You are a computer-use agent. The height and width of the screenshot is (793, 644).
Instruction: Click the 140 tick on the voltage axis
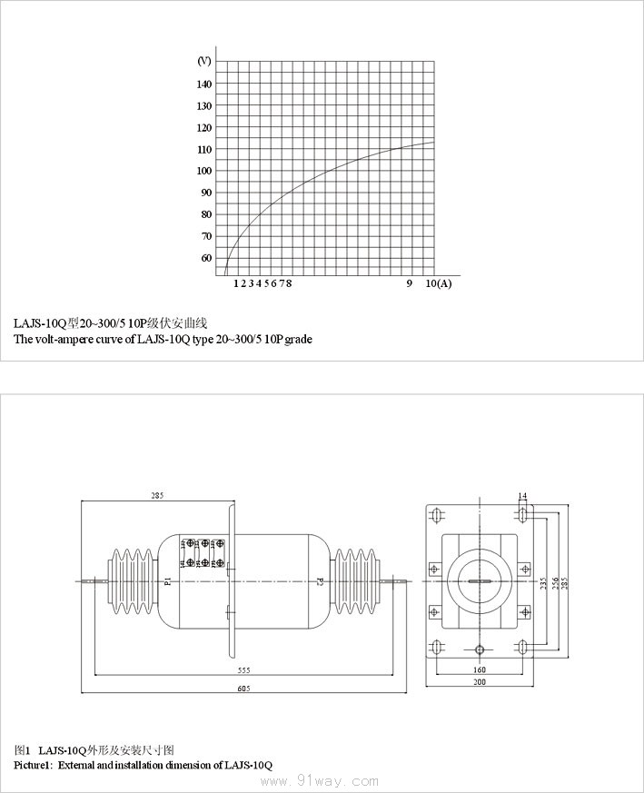pyautogui.click(x=204, y=84)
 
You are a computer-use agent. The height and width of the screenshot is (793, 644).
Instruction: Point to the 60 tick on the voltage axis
pyautogui.click(x=206, y=258)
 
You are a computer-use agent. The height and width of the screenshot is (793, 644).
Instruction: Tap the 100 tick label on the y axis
pyautogui.click(x=204, y=171)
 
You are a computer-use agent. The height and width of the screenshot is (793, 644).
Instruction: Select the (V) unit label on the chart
pyautogui.click(x=204, y=61)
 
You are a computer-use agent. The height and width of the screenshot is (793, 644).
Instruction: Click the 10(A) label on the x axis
pyautogui.click(x=438, y=283)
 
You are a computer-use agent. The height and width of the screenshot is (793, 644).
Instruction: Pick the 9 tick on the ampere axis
pyautogui.click(x=410, y=283)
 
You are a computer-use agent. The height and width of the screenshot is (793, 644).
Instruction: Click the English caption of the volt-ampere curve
pyautogui.click(x=163, y=340)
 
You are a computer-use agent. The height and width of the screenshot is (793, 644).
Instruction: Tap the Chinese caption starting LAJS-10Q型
pyautogui.click(x=111, y=323)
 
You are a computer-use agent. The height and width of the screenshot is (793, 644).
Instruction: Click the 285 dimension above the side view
pyautogui.click(x=157, y=496)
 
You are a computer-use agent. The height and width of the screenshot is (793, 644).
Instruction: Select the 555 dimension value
pyautogui.click(x=243, y=669)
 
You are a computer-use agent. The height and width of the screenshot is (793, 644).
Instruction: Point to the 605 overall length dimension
pyautogui.click(x=243, y=689)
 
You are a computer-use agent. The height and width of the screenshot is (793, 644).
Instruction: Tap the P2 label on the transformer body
pyautogui.click(x=320, y=580)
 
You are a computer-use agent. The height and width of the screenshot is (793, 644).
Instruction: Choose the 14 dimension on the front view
pyautogui.click(x=522, y=496)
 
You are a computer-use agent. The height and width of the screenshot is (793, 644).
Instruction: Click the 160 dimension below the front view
pyautogui.click(x=481, y=670)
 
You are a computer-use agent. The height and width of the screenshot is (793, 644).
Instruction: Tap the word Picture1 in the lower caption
pyautogui.click(x=33, y=766)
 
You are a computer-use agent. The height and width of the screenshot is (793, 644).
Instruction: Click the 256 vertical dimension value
pyautogui.click(x=553, y=581)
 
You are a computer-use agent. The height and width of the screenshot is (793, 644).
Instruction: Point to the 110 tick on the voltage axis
pyautogui.click(x=204, y=149)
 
